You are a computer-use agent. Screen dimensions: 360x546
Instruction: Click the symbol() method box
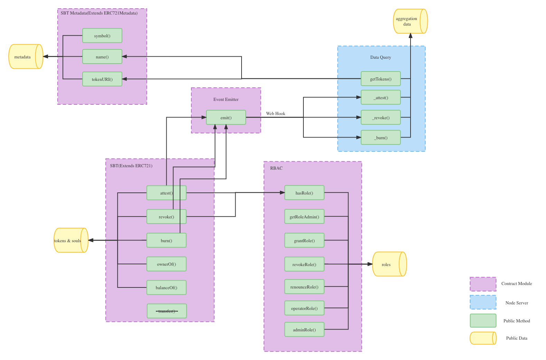102,36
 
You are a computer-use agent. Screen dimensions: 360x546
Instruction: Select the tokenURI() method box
102,79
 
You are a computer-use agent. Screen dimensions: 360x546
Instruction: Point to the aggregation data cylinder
410,21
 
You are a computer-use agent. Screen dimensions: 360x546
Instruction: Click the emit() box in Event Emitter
226,117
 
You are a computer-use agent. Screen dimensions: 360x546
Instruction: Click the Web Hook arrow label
275,113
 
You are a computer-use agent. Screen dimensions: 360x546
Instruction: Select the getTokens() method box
380,79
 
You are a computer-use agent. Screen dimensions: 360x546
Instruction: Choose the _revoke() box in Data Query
380,117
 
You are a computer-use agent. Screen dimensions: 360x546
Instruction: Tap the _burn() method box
380,138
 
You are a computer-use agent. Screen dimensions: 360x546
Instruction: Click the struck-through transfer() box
167,311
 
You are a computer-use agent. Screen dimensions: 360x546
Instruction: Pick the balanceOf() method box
166,287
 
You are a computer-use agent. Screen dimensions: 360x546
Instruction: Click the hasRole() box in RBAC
304,193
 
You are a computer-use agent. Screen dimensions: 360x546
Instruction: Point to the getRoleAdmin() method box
304,217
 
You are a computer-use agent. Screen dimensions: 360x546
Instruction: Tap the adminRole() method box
304,330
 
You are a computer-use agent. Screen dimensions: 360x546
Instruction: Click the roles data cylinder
389,264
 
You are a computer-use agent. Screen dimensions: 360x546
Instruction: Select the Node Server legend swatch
483,302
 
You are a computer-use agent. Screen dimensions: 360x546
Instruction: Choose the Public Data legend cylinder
483,338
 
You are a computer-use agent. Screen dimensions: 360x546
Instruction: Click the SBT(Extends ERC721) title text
131,166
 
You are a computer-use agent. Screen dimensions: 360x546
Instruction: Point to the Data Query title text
380,57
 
